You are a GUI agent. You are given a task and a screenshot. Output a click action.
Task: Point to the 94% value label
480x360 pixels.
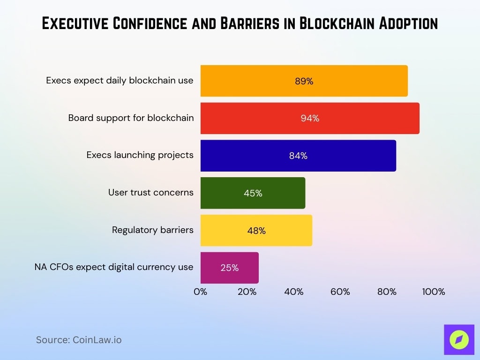click(310, 118)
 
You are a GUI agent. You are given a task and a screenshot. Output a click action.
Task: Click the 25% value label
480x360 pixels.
click(229, 268)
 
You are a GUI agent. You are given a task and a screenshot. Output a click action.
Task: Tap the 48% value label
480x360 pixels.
click(256, 230)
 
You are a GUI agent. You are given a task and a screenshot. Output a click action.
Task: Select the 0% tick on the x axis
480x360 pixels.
click(201, 292)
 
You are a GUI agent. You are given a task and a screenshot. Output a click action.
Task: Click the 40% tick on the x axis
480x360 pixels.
click(293, 292)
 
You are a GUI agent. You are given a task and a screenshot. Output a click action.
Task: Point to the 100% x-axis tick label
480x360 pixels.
click(433, 292)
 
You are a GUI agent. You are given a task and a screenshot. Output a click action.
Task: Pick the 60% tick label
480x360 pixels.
click(340, 292)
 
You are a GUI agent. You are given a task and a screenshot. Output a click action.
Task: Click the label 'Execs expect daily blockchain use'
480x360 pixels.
click(120, 80)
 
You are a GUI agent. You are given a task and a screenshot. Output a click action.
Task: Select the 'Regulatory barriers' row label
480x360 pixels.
click(152, 230)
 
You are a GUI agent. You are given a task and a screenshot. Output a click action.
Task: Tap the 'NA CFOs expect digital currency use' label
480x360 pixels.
click(114, 267)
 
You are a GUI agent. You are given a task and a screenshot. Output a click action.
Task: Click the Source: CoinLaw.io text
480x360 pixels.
click(79, 340)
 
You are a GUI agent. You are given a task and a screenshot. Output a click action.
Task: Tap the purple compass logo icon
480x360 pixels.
click(459, 339)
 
